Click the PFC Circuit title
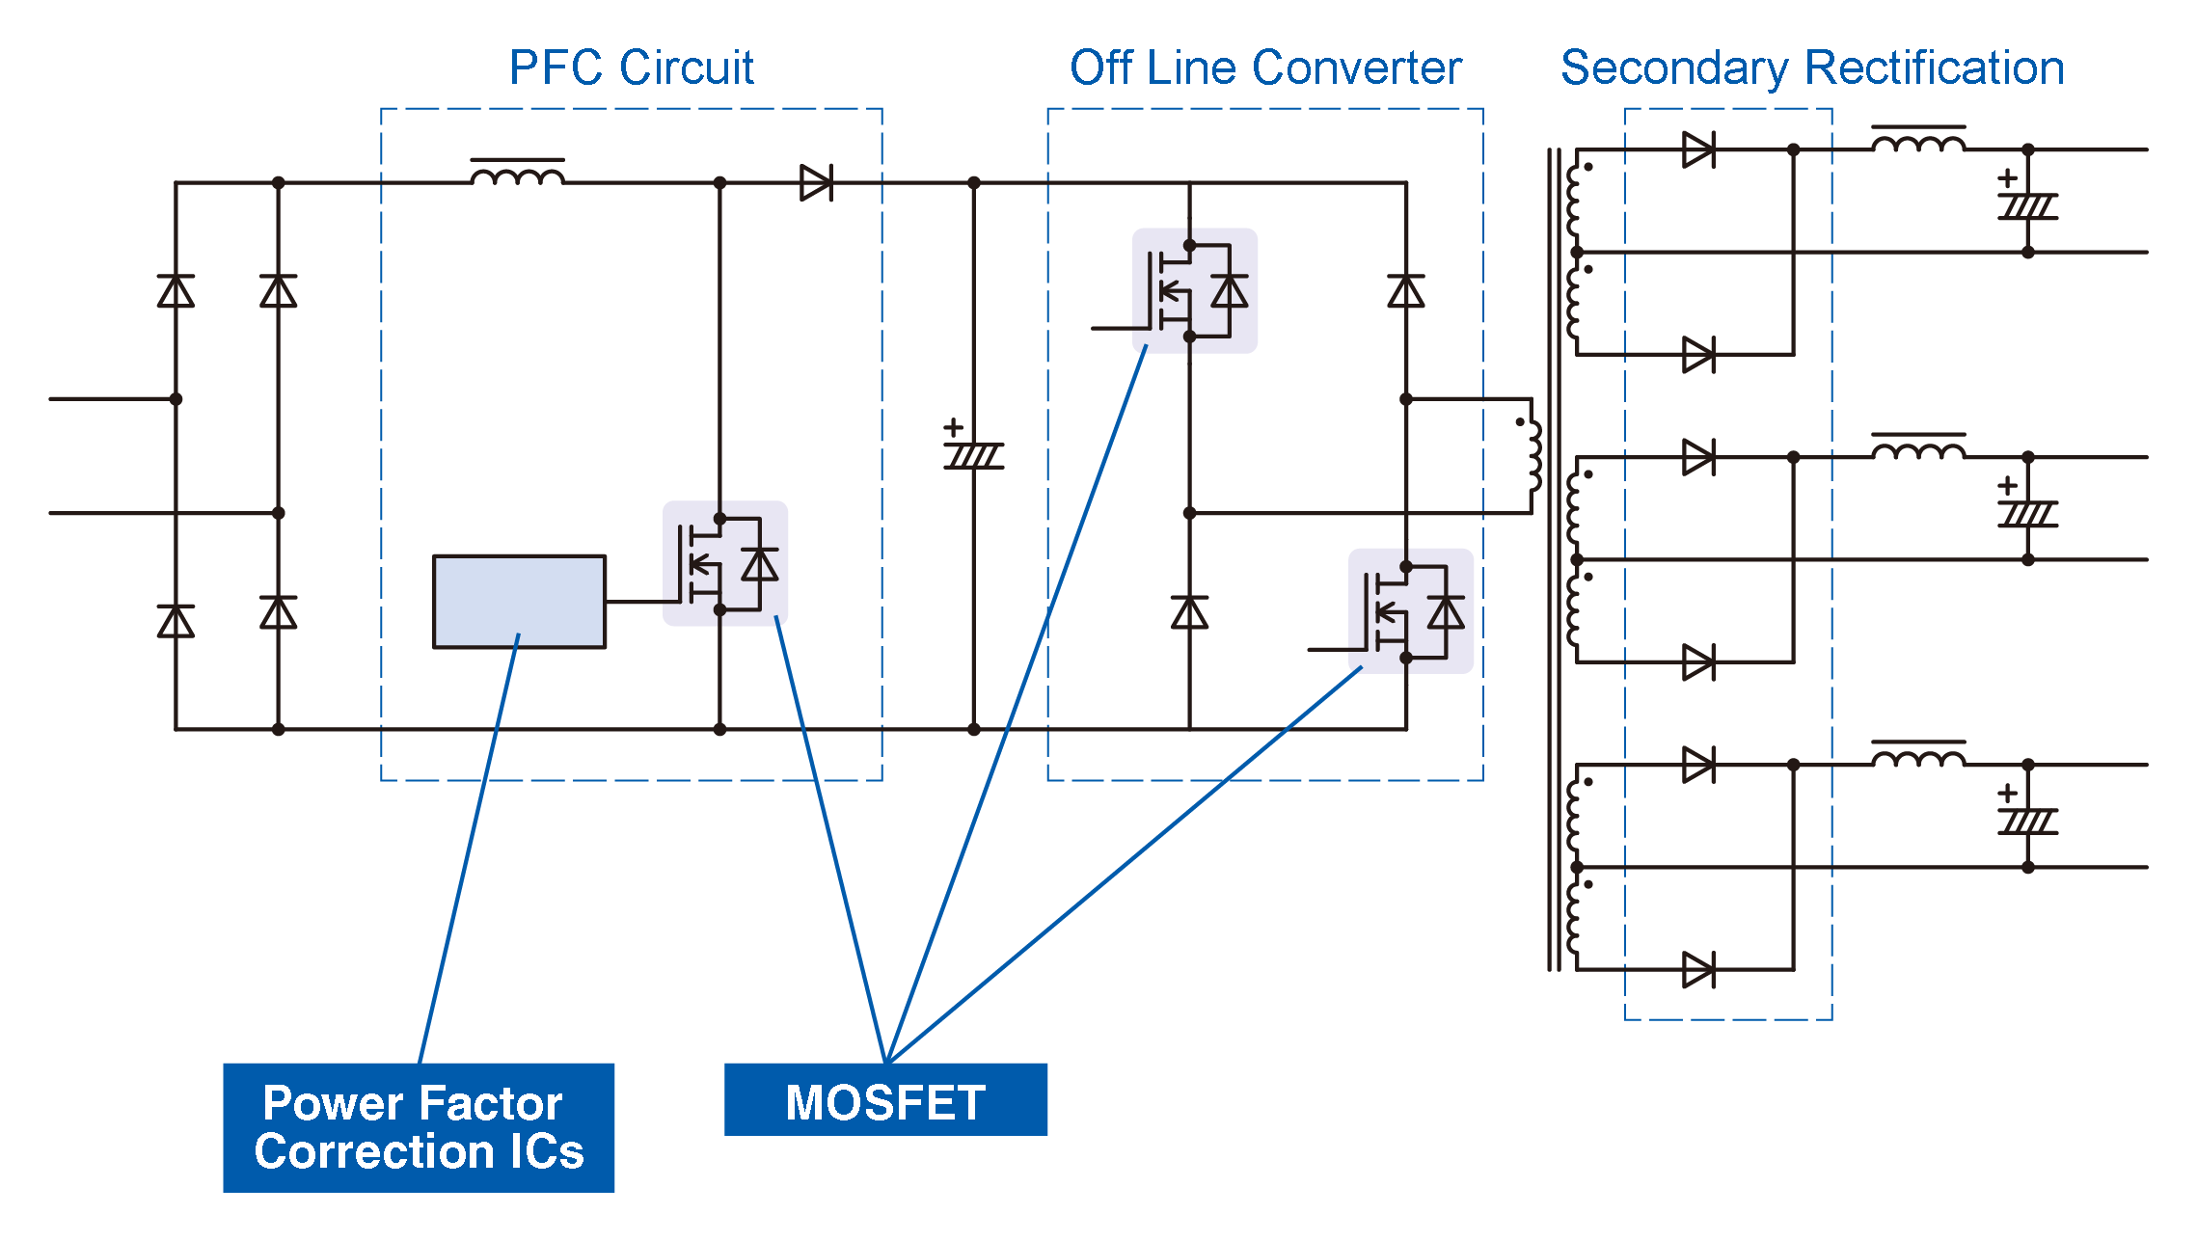coord(631,67)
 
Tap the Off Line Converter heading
coord(1265,67)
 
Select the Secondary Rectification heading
coord(1812,67)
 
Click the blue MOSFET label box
coord(885,1100)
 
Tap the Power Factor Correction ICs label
coord(419,1127)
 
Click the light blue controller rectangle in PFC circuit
coord(519,602)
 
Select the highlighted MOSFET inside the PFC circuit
coord(724,564)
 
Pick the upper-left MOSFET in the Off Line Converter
coord(1194,291)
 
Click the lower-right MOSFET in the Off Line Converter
coord(1410,611)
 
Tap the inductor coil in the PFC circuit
coord(518,175)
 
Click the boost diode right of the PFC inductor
coord(816,182)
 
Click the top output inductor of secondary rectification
coord(1918,143)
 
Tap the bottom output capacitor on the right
coord(2027,821)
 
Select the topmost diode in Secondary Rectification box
coord(1698,150)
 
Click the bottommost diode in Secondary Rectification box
coord(1698,970)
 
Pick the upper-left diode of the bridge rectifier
coord(176,290)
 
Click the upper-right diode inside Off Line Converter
coord(1406,290)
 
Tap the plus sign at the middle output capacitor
coord(2007,485)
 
